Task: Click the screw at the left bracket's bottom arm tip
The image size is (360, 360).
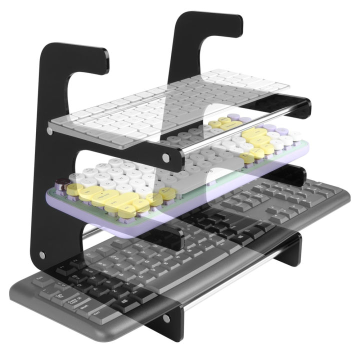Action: pos(166,318)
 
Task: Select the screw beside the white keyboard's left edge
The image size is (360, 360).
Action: pos(49,131)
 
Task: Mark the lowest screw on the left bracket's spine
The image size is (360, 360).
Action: pos(42,255)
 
